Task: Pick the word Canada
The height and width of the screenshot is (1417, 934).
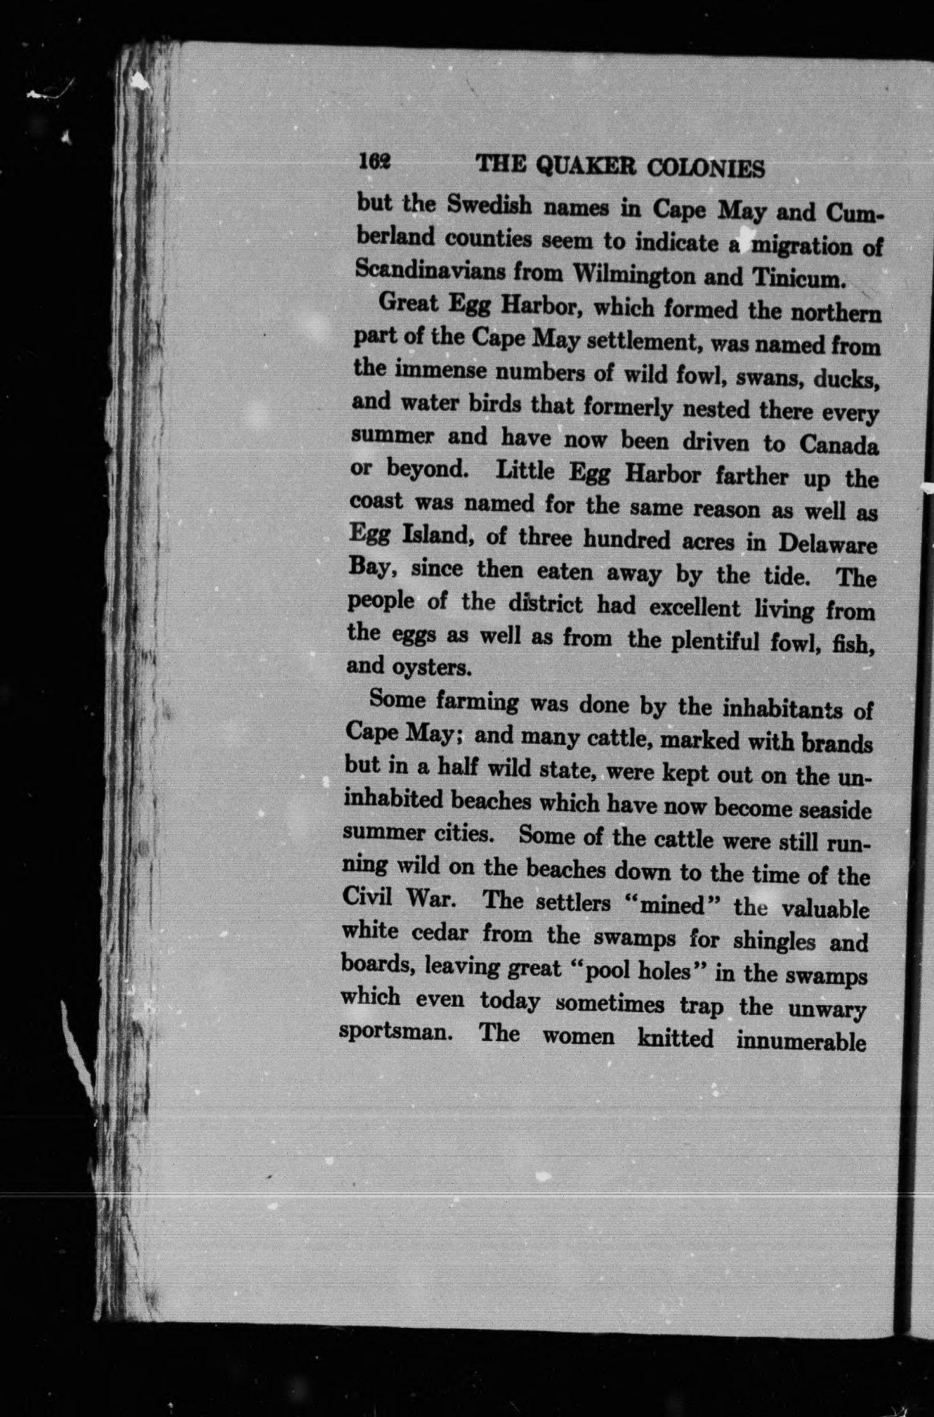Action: point(838,446)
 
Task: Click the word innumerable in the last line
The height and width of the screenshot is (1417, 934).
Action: point(800,1040)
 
